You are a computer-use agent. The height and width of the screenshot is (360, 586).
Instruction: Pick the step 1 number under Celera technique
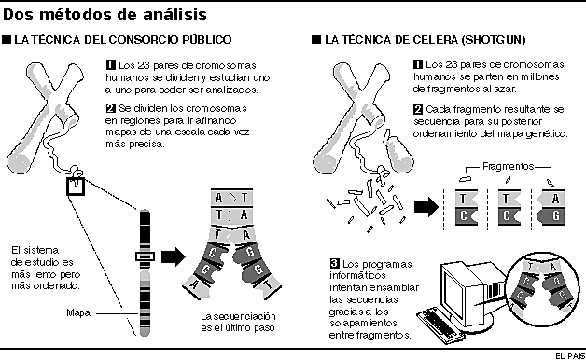[x=416, y=63]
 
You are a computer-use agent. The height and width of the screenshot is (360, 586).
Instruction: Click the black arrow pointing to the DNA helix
[x=173, y=256]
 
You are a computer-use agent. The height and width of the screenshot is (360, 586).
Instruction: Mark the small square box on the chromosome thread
[x=76, y=187]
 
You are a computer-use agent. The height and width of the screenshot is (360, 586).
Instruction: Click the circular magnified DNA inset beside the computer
[x=546, y=281]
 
